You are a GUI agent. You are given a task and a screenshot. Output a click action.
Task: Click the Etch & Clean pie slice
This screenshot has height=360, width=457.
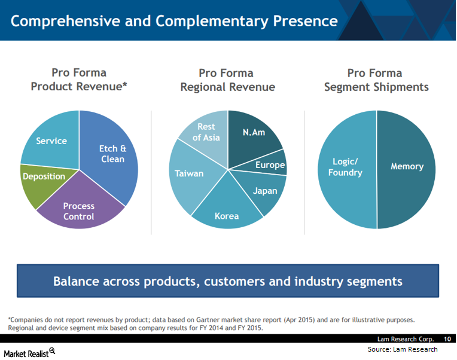[112, 154]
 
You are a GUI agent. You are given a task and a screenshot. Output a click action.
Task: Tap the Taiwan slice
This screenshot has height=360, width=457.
[190, 175]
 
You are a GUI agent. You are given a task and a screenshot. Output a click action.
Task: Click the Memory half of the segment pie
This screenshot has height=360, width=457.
[407, 169]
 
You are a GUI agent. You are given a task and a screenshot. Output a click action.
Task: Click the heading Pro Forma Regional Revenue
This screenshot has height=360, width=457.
[228, 80]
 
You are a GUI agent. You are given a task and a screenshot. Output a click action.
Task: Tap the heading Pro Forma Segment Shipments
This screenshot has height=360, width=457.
[376, 80]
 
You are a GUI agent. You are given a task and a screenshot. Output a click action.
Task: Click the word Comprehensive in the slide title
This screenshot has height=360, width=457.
[65, 22]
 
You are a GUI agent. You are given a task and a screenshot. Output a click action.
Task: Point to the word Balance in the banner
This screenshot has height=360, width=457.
[76, 281]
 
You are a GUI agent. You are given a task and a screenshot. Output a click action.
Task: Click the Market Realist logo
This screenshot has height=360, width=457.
[29, 353]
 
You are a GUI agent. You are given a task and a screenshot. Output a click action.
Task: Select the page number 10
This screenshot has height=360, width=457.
[447, 339]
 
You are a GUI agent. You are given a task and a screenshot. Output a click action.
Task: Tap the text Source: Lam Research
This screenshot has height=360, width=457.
[403, 349]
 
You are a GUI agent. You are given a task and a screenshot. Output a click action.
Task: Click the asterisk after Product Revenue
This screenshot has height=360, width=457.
[125, 84]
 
